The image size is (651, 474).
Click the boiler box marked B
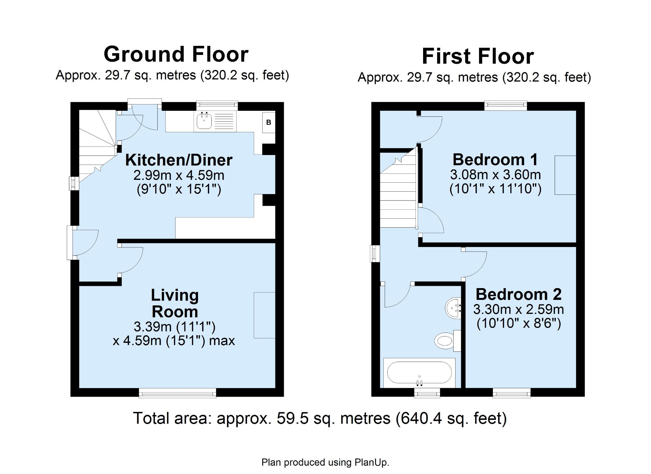click(x=269, y=123)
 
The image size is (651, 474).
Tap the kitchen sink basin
click(x=204, y=121)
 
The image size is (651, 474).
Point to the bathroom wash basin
click(x=453, y=308)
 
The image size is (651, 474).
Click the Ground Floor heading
click(x=176, y=54)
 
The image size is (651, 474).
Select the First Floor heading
click(x=478, y=56)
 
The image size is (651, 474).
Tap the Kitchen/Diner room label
click(x=179, y=160)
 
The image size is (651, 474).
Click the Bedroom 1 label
click(x=495, y=159)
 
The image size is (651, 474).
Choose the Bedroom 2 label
click(x=518, y=294)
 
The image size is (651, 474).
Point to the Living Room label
click(x=175, y=303)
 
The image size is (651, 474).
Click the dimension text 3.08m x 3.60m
click(x=495, y=175)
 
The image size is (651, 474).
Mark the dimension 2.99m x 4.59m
click(x=179, y=175)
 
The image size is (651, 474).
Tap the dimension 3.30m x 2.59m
click(x=518, y=309)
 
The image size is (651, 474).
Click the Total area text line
click(x=320, y=418)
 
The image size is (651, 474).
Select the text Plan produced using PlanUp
click(x=325, y=462)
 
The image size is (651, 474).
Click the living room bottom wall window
click(x=177, y=393)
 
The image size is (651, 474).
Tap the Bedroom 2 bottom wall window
click(x=511, y=393)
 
